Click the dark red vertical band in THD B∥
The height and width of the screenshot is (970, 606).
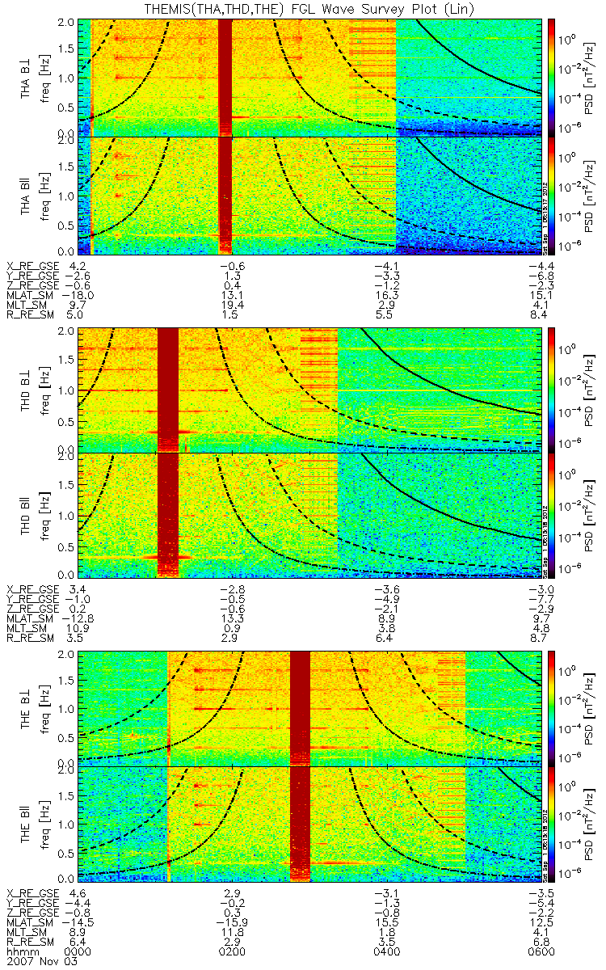[167, 515]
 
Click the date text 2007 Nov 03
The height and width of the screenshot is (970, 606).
[35, 960]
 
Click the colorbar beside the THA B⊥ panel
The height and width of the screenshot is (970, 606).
[552, 76]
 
